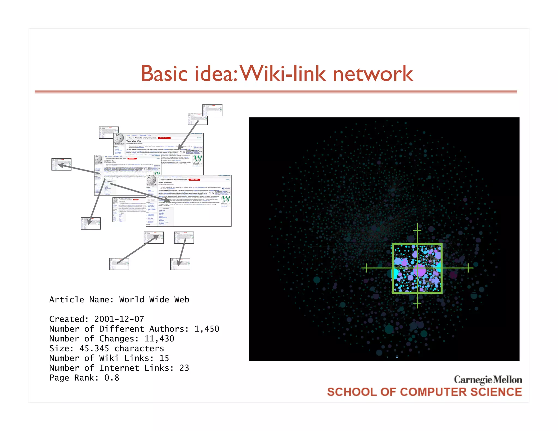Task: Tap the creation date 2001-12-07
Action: point(119,319)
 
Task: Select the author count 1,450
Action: point(207,329)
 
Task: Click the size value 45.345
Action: point(94,348)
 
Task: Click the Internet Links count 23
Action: point(184,368)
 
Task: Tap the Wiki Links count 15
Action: point(164,358)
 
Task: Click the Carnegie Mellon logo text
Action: point(488,380)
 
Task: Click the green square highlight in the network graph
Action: point(417,268)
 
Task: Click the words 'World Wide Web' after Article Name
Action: point(154,300)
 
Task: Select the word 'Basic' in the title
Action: point(164,74)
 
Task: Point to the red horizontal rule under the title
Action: point(275,92)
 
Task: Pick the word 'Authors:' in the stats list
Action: point(169,329)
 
